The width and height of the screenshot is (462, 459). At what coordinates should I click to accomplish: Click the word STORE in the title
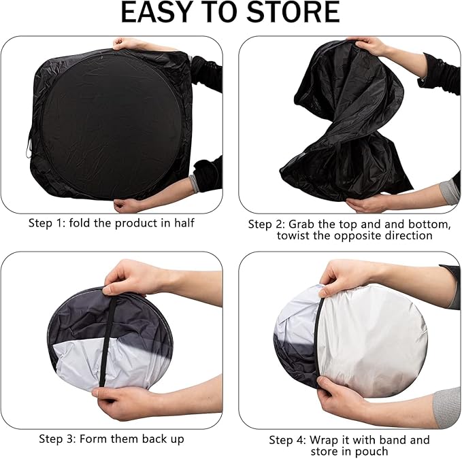[x=293, y=12]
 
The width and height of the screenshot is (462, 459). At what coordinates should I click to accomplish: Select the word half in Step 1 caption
[x=184, y=223]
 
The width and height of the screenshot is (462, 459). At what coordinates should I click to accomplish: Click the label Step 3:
[x=57, y=439]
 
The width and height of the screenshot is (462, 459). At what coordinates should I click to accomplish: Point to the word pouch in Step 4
[x=371, y=452]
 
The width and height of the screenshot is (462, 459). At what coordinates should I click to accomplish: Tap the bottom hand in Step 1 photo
[x=127, y=205]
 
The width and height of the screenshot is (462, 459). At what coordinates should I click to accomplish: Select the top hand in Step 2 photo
[x=369, y=46]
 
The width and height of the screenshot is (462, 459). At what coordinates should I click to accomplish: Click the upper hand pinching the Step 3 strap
[x=133, y=277]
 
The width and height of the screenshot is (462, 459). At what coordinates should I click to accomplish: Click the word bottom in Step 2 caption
[x=429, y=224]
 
